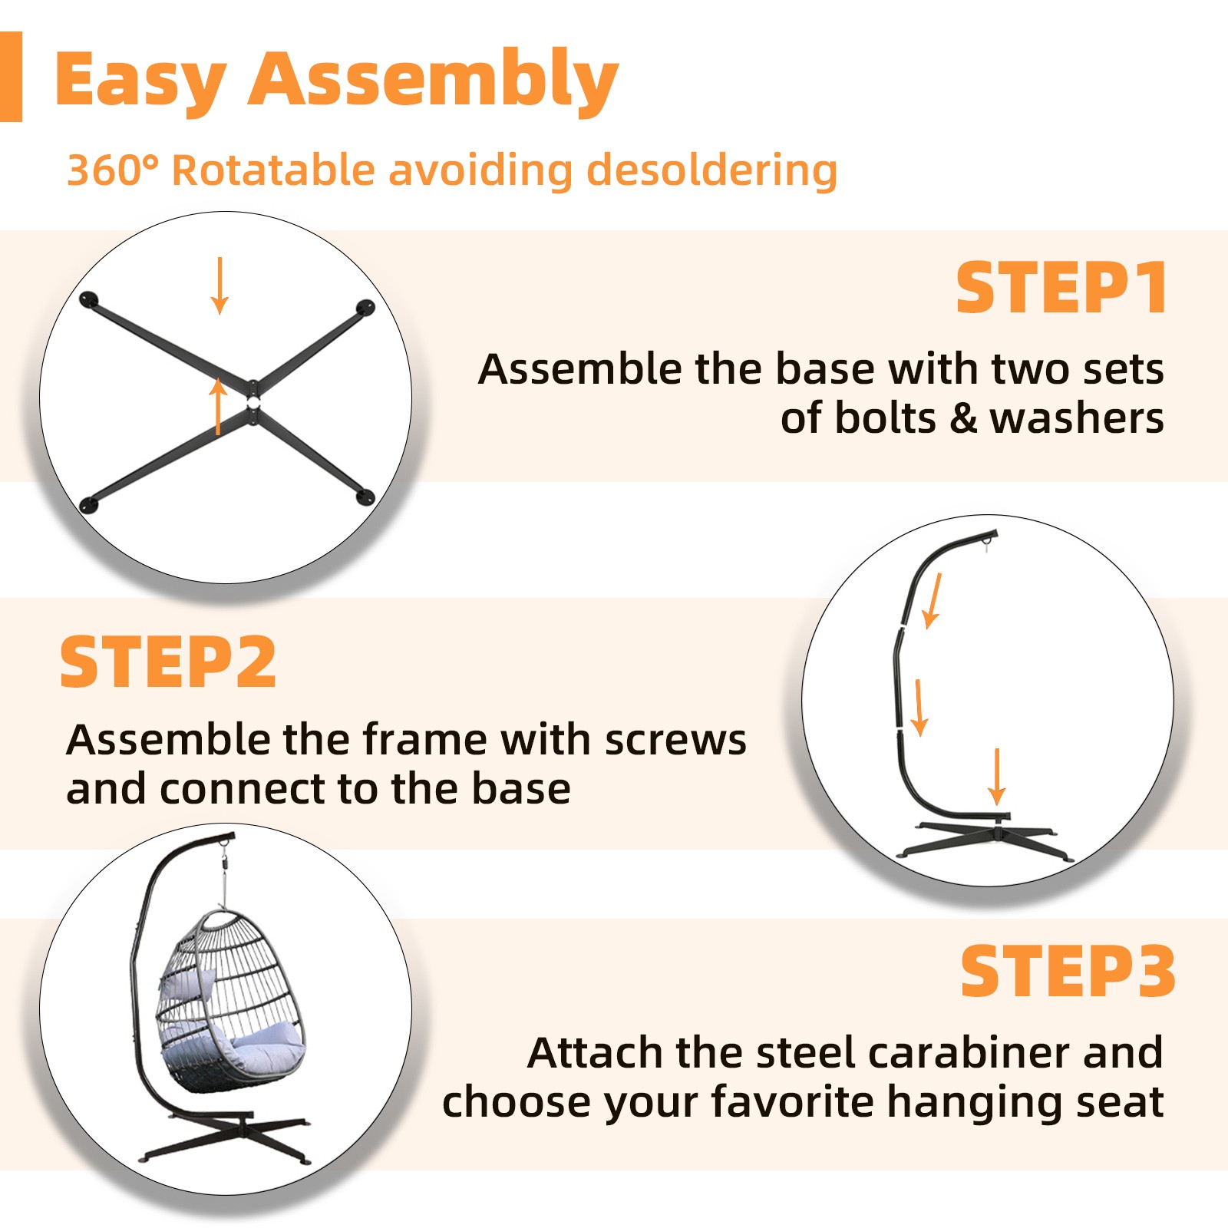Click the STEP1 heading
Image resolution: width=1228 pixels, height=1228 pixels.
(x=1061, y=288)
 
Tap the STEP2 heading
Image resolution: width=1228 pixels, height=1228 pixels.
(x=168, y=662)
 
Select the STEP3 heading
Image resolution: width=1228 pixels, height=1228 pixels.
(x=1068, y=972)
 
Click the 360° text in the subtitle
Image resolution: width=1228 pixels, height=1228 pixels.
(x=113, y=170)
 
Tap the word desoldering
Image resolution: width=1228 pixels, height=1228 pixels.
(x=711, y=170)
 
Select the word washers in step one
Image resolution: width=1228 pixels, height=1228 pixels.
(x=1077, y=418)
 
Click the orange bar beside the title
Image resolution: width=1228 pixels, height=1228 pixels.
(x=11, y=77)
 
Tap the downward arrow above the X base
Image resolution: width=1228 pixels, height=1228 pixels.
(x=220, y=286)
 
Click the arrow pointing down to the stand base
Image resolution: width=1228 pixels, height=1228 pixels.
(x=997, y=777)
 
